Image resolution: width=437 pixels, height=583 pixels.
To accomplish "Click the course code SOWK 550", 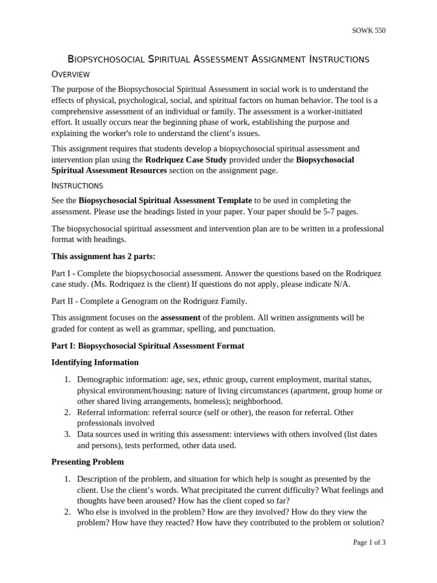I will pos(369,31).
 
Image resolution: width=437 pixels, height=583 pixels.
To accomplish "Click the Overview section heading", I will pos(71,75).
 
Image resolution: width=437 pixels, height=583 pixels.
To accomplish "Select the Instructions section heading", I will pos(77,186).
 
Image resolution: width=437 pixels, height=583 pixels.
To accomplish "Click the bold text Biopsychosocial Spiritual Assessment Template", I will pos(165,200).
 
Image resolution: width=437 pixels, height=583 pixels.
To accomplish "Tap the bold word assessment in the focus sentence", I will pos(180,318).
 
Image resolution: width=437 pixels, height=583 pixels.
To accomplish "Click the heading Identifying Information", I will pos(94,362).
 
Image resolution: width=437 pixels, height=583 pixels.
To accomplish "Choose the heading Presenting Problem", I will pos(88,462).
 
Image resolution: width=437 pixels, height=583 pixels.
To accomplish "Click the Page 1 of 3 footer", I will pos(369,543).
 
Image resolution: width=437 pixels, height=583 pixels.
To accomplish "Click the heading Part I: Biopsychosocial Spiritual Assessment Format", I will pos(147,346).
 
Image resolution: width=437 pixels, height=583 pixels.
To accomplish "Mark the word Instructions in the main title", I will pos(331,59).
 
